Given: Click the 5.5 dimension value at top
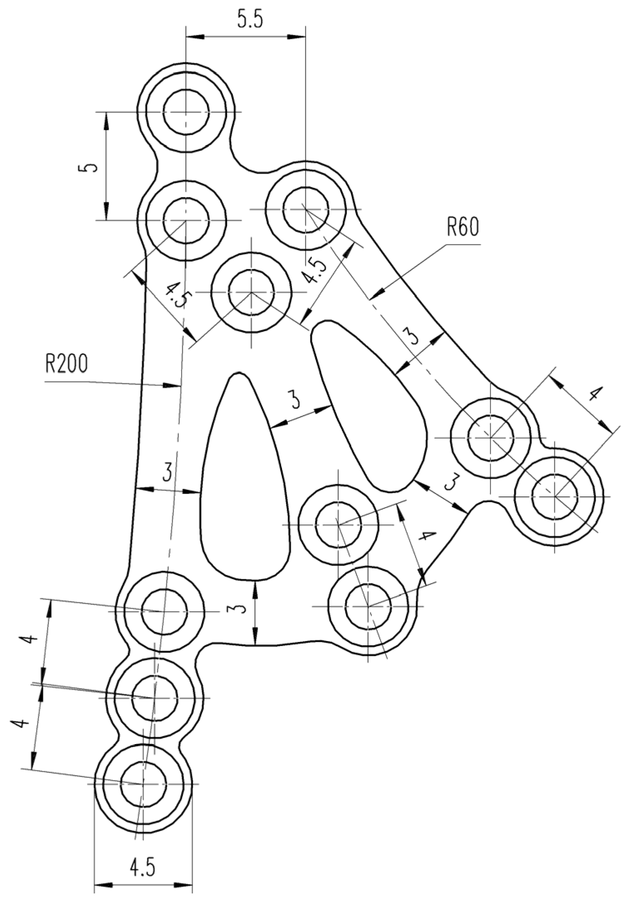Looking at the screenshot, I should click(250, 20).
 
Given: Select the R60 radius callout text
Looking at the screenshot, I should click(463, 227).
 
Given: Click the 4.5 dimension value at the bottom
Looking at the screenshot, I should click(143, 867).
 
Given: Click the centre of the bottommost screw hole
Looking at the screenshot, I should click(143, 784).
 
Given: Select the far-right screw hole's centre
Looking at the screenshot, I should click(555, 496).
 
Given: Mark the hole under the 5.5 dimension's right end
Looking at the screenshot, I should click(305, 209).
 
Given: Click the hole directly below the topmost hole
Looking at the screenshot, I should click(186, 220).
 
